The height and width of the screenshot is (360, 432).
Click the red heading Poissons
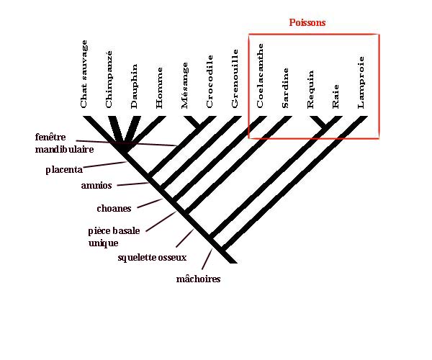(307, 23)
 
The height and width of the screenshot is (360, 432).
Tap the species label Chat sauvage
(84, 75)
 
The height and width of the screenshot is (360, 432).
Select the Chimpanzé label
(109, 79)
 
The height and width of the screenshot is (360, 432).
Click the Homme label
(160, 89)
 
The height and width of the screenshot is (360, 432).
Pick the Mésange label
(185, 86)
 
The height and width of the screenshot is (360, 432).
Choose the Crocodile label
(210, 82)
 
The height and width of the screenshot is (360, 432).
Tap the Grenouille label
(235, 79)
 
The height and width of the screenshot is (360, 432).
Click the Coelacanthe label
(261, 76)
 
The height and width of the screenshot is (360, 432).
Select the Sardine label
(286, 87)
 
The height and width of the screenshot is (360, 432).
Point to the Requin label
(311, 89)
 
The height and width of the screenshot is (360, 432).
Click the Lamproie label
(361, 83)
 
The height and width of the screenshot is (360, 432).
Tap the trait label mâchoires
(198, 279)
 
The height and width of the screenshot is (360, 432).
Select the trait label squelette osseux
(151, 257)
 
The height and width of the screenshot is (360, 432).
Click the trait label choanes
(114, 209)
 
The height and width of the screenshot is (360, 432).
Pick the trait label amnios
(96, 186)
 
